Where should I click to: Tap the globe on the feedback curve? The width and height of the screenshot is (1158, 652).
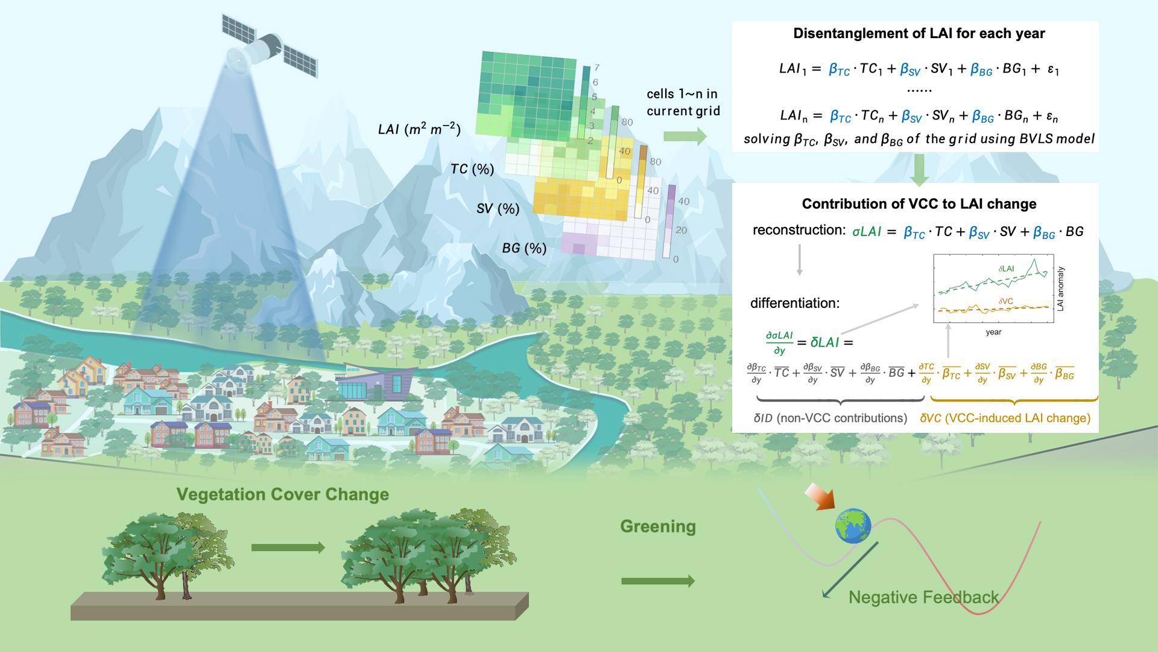pos(853,525)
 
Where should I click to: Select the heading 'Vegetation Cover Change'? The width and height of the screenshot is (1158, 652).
pos(283,494)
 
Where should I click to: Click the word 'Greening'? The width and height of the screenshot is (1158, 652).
pos(657,526)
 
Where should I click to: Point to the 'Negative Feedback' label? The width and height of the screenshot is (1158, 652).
pos(923,597)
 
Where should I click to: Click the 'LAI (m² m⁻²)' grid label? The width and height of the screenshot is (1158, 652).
pos(419,129)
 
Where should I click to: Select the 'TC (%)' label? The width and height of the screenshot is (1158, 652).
pos(472,169)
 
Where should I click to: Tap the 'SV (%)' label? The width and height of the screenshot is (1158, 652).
pos(498,209)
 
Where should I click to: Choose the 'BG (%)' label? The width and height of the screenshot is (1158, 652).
pos(524,248)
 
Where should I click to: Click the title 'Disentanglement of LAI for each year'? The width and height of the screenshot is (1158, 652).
pos(919,34)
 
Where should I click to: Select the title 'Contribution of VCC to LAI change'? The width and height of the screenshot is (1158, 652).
pos(919,204)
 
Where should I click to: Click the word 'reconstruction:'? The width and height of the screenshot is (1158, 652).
pos(799,230)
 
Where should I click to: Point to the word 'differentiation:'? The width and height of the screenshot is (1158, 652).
pos(795,302)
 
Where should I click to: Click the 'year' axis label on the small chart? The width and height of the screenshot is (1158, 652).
pos(993,332)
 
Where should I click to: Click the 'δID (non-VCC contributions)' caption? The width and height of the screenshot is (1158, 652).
pos(831,418)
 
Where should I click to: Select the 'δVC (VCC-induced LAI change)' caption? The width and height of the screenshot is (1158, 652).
pos(1005,418)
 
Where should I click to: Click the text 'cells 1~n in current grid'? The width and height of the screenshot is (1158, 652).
pos(683,103)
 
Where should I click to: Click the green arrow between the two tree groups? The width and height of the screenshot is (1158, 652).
pos(288,548)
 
